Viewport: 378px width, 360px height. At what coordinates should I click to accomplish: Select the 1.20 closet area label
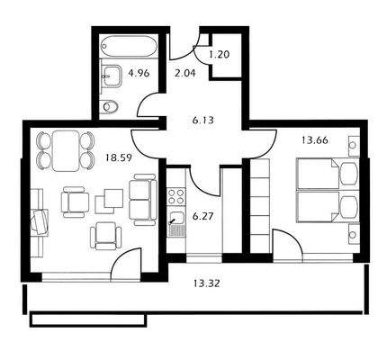click(x=219, y=53)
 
